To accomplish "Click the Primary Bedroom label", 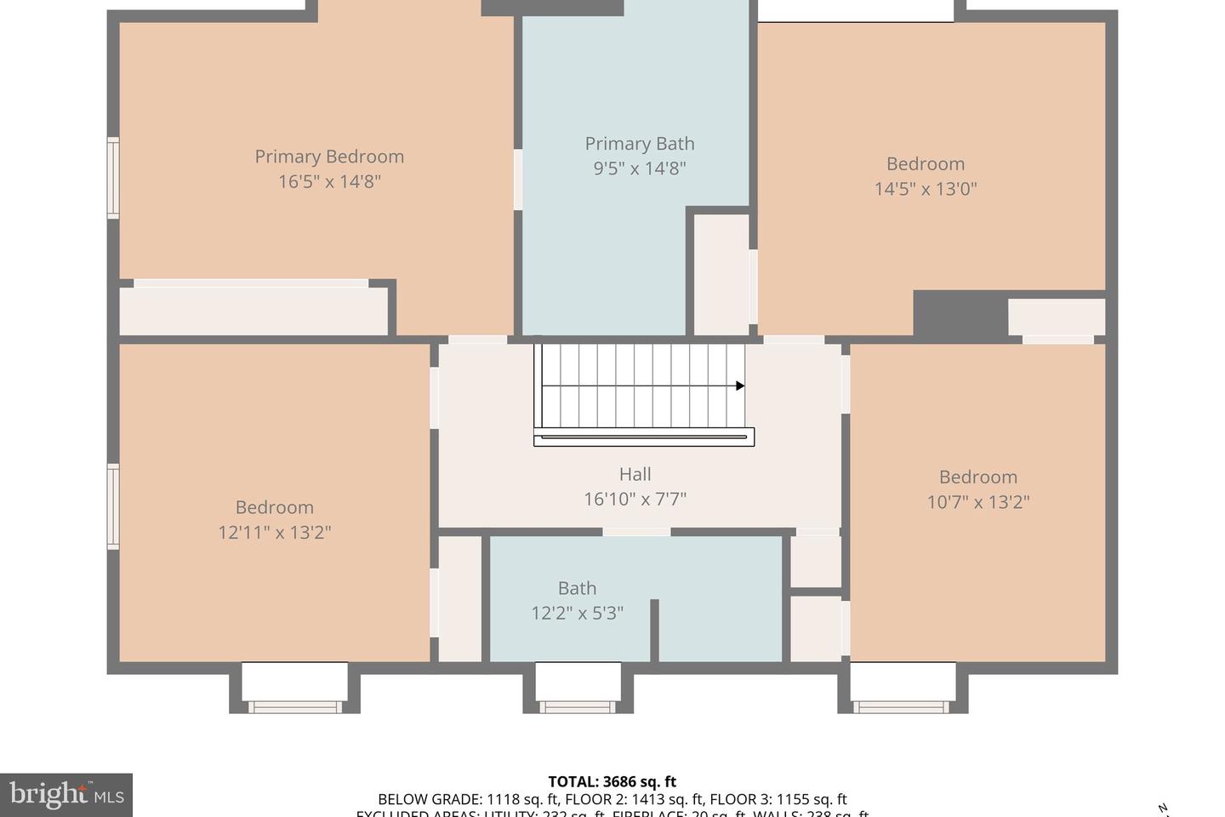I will click(329, 157).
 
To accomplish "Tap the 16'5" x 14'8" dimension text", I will click(329, 181).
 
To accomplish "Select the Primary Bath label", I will click(639, 144).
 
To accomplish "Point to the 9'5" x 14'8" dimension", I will click(639, 169).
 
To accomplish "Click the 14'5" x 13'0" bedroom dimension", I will click(926, 189).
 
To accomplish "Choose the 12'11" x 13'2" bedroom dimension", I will click(274, 533).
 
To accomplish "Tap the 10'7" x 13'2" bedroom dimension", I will click(977, 502).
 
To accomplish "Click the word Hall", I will click(635, 474).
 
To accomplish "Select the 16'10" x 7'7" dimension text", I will click(635, 499).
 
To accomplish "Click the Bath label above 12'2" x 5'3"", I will click(577, 588).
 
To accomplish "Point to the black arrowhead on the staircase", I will click(740, 386).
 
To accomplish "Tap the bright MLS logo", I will click(66, 796).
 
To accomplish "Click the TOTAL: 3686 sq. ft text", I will click(612, 781).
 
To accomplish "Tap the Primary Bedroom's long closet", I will click(253, 311).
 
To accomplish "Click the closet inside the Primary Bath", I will click(721, 274).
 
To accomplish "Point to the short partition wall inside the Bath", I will click(654, 629).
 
